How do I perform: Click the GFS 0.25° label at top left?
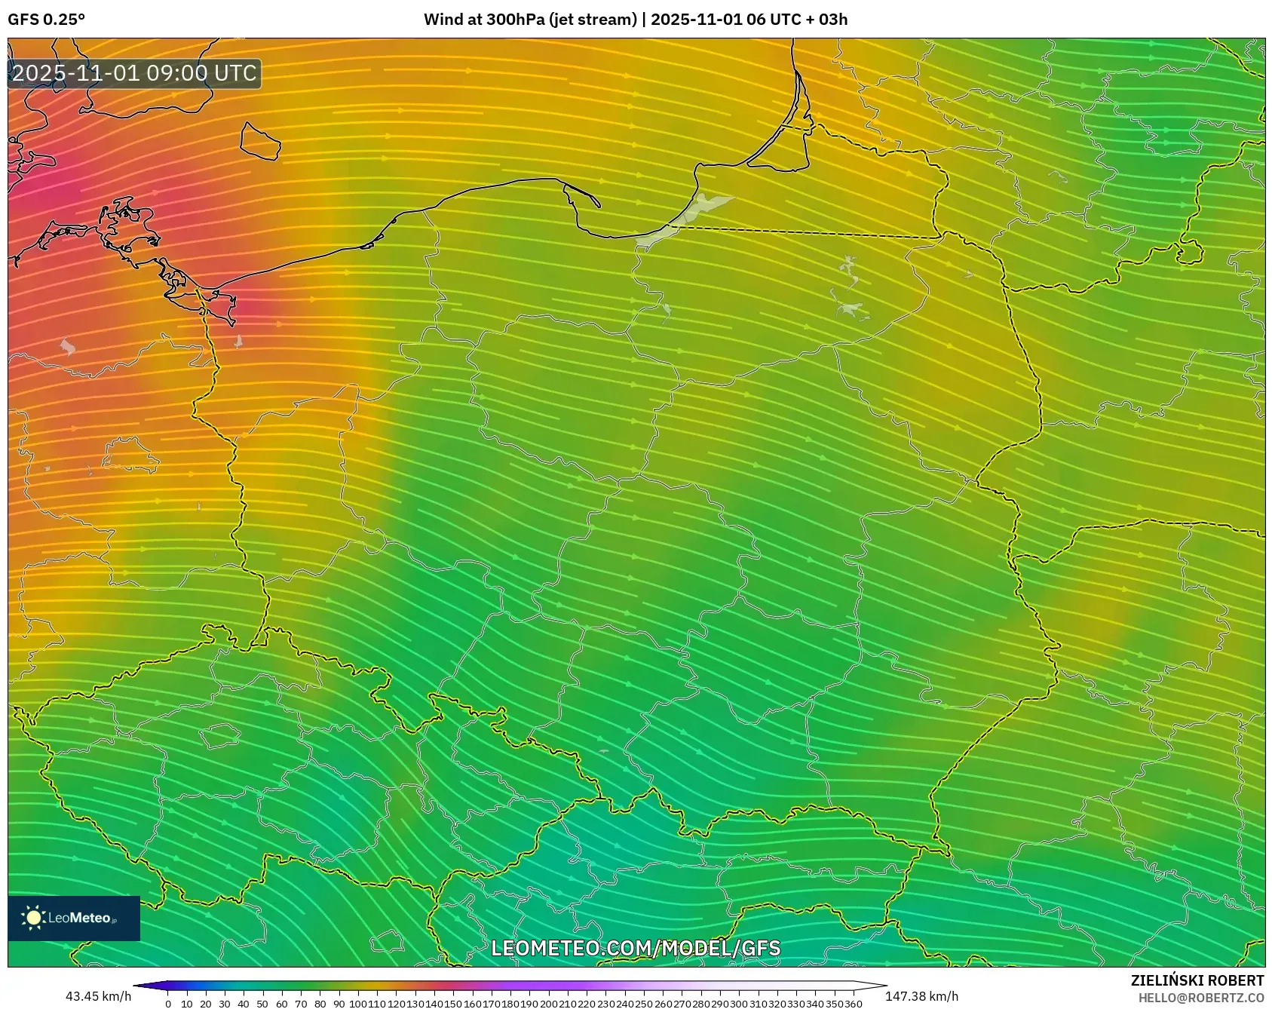pos(46,20)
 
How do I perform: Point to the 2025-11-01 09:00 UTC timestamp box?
pos(135,73)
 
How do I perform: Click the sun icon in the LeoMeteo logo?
pos(33,918)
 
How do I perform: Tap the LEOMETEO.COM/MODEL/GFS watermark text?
pos(636,948)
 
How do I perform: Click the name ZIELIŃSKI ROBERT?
pos(1197,980)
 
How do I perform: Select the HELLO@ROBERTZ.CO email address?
pos(1200,998)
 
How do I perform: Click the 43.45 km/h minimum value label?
pos(98,996)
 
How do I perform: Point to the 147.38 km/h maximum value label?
pos(921,996)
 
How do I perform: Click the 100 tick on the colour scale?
pos(358,1004)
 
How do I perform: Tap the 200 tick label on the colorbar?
pos(549,1004)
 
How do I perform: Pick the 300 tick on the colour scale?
pos(739,1004)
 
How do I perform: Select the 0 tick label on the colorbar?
pos(168,1004)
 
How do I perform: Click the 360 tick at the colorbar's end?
pos(854,1004)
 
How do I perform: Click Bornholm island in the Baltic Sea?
pos(260,142)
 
